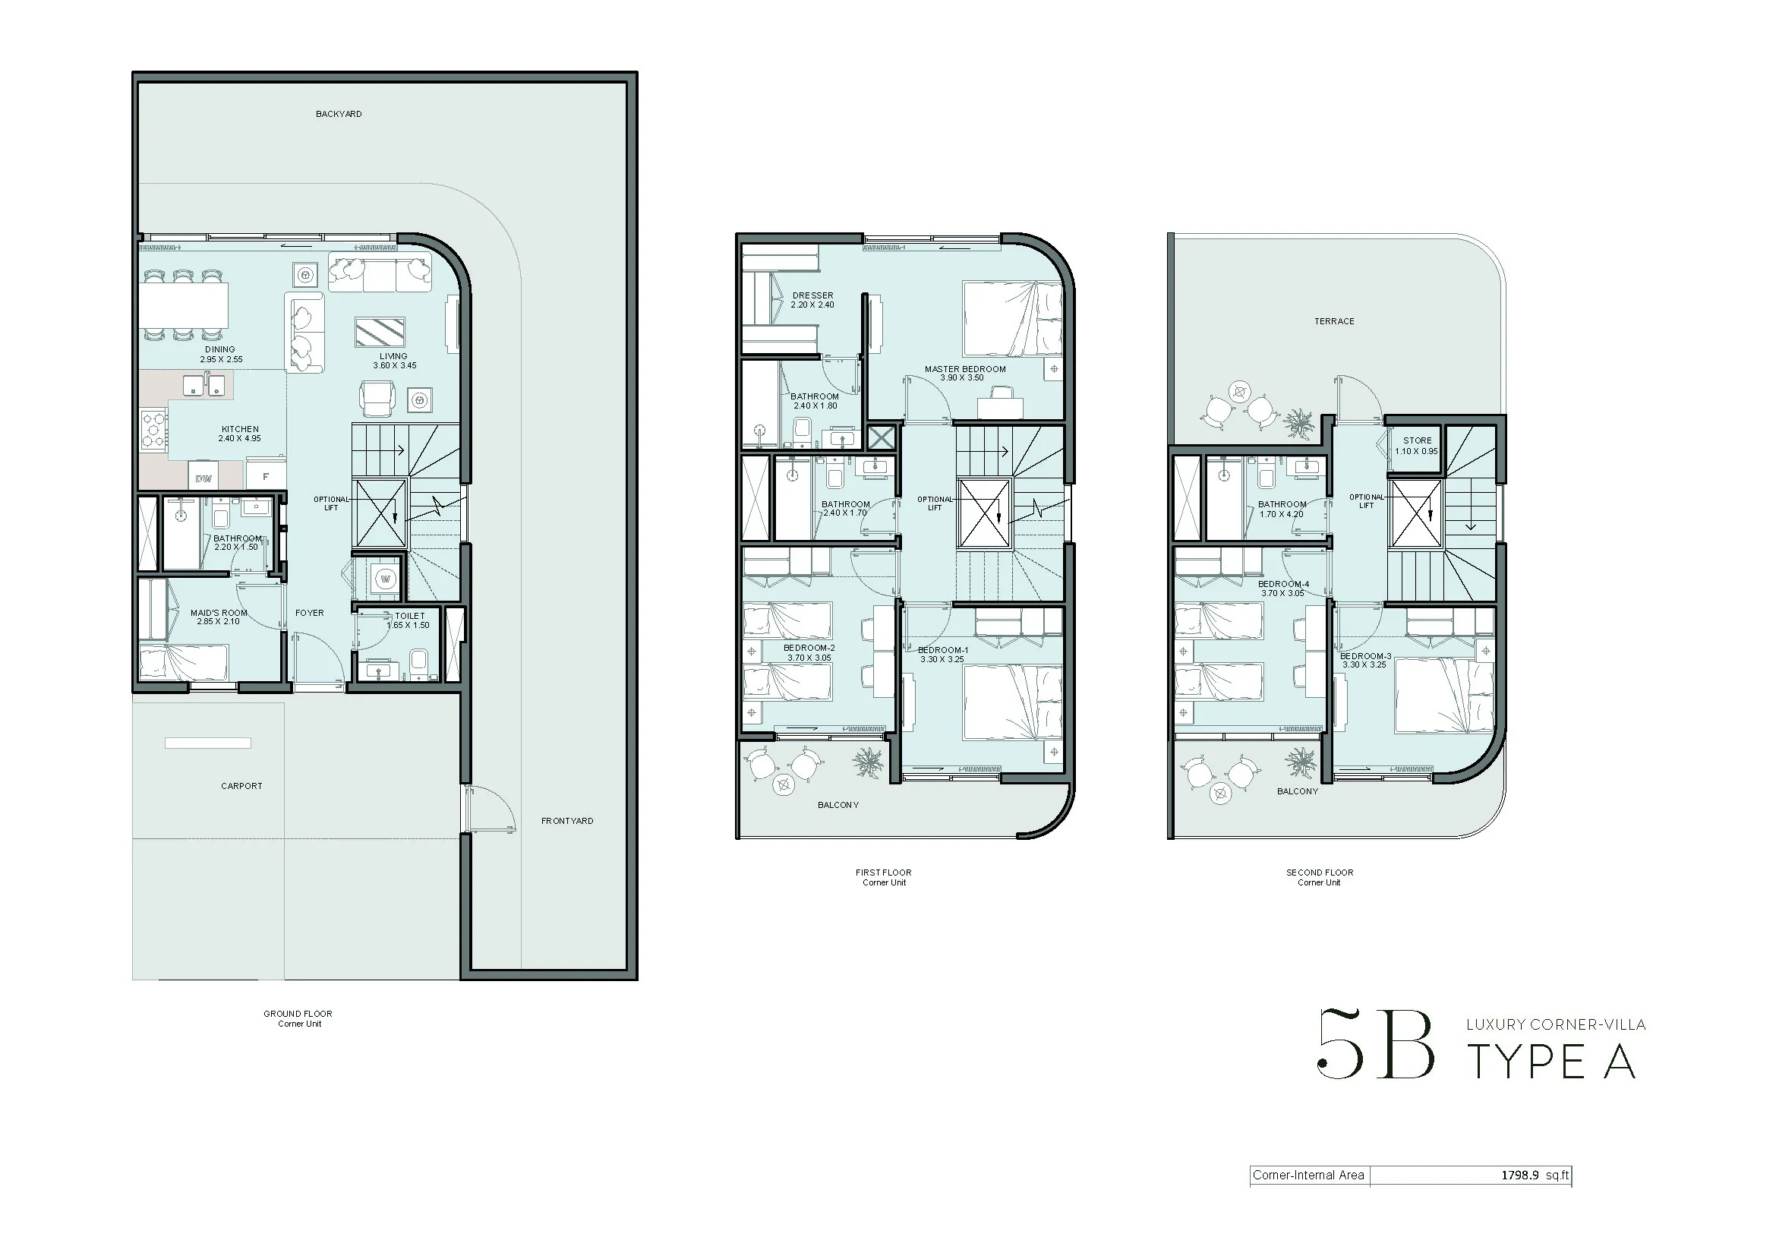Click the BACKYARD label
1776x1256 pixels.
[339, 115]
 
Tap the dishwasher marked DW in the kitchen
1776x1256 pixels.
[203, 476]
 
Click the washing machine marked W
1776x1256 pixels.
[386, 579]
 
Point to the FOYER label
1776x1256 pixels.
[309, 614]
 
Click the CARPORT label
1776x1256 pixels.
[241, 786]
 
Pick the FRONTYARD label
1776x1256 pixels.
[567, 822]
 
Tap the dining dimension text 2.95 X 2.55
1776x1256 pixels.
[221, 360]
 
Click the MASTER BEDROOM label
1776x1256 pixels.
[965, 370]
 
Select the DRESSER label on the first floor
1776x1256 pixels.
[813, 295]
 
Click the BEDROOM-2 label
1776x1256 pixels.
[809, 648]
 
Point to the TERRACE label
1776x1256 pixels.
[1334, 322]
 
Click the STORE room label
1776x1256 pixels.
[1417, 441]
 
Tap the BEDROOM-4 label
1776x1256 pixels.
[1283, 585]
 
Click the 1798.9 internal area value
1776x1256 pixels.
[1520, 1175]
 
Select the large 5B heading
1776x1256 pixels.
[1375, 1043]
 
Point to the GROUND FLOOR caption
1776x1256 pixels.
[298, 1014]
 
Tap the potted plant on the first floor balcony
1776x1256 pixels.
[867, 762]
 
